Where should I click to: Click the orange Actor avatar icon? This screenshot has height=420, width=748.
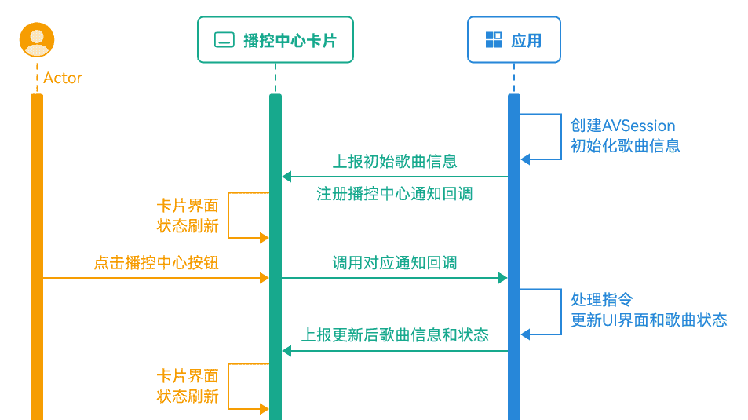[x=37, y=40]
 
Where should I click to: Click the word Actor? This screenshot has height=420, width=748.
[x=63, y=78]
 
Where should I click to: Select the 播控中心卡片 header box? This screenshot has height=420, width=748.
[x=275, y=40]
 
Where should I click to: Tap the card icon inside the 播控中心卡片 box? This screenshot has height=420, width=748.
[x=224, y=40]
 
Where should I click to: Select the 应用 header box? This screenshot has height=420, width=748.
[x=514, y=40]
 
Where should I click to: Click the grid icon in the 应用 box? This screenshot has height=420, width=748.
[x=493, y=40]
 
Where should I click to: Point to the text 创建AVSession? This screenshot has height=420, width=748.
[x=622, y=126]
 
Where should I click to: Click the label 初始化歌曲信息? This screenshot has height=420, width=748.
[x=625, y=146]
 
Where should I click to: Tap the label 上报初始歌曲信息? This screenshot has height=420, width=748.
[x=395, y=162]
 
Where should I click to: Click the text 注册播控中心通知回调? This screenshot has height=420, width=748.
[x=395, y=194]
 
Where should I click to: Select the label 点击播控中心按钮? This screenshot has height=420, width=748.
[x=156, y=263]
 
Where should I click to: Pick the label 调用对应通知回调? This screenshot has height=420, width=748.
[x=395, y=263]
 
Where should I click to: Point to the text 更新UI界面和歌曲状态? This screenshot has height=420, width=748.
[x=648, y=320]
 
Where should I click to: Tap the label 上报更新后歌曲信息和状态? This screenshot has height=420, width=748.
[x=395, y=336]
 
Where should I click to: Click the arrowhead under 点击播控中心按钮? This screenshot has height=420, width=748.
[x=264, y=277]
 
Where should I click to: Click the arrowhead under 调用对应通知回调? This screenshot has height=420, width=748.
[x=502, y=277]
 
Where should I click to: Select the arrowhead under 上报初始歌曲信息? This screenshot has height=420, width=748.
[x=287, y=177]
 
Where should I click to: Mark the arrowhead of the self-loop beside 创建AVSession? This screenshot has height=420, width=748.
[x=526, y=159]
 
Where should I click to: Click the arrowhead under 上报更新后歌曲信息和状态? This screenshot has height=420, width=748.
[x=287, y=351]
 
